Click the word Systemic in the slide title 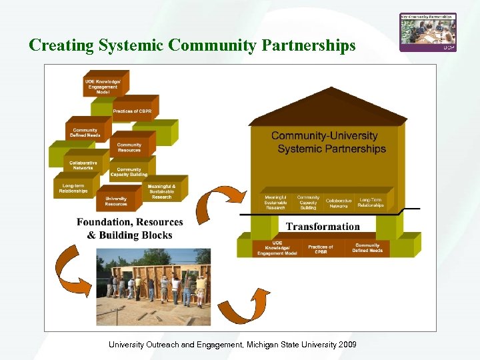coord(131,45)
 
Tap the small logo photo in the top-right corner coord(427,32)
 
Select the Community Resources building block coord(129,147)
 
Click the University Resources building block coord(116,201)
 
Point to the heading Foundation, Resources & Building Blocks coord(129,228)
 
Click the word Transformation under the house coord(323,227)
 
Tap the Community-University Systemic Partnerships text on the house coord(327,143)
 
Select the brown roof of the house coord(327,115)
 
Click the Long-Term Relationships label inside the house coord(371,203)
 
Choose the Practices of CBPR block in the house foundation coord(321,249)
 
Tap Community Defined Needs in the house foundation coord(367,249)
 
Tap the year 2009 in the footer coord(347,344)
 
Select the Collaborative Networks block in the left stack coord(83,165)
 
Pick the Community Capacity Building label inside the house coord(308,203)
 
